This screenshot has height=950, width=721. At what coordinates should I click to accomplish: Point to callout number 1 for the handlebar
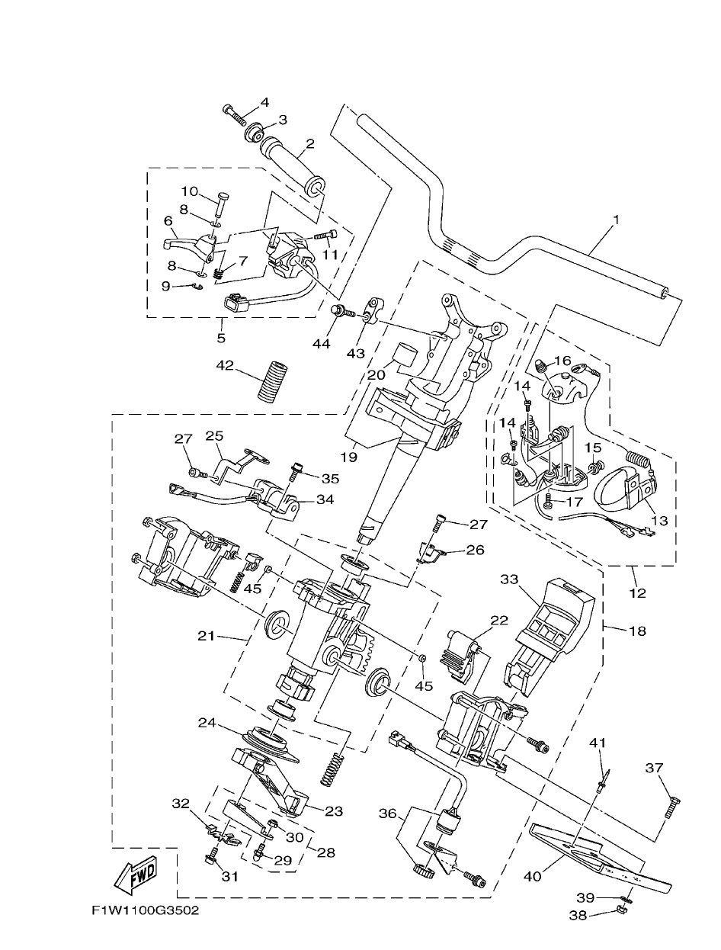coord(616,220)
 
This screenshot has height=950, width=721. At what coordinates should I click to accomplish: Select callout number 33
coord(509,579)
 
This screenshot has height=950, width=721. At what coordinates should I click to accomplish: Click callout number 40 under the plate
coord(532,877)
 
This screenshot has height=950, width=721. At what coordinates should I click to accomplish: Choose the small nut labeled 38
coord(620,910)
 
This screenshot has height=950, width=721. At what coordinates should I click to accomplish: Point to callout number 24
coord(207,722)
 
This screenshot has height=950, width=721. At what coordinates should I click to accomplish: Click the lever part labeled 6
coord(183,243)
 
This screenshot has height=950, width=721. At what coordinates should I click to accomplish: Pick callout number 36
coord(388,814)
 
